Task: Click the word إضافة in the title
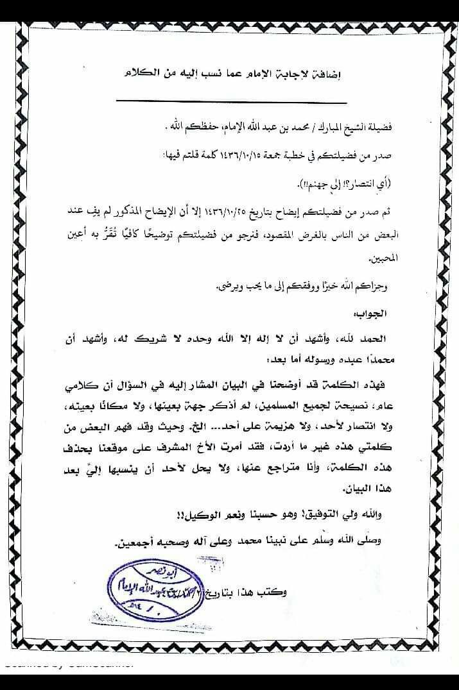325,74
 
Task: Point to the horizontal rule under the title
231,102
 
